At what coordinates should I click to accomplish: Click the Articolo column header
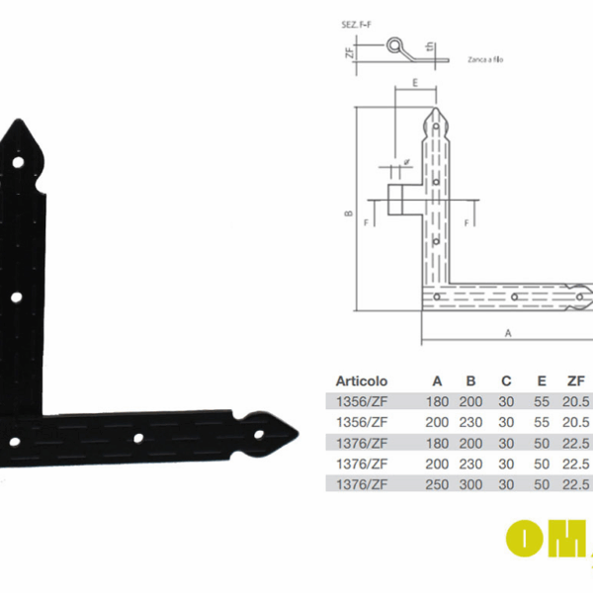click(362, 381)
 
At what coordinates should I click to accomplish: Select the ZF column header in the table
click(575, 381)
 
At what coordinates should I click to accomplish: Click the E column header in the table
click(541, 381)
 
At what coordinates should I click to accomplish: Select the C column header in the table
click(506, 381)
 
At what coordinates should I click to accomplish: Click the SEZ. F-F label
click(358, 23)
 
